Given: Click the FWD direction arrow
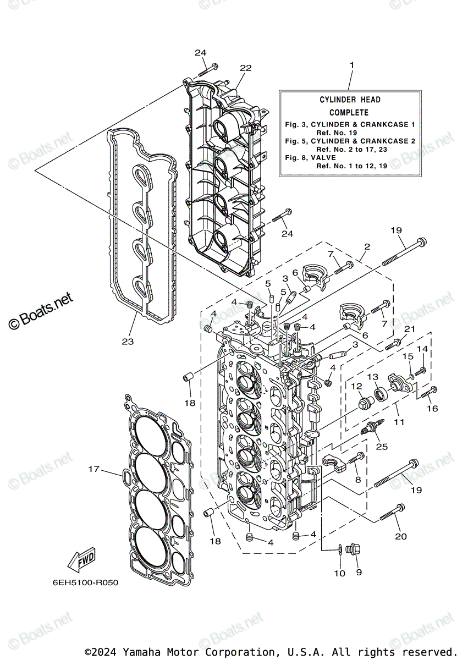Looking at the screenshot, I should coord(81,560).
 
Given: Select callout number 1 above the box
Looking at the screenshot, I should coord(351,65).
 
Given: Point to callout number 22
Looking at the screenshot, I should coord(245,68).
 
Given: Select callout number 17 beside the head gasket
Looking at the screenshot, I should coord(94,469).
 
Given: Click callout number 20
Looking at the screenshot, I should coord(401,536).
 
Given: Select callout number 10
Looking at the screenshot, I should coord(339,573).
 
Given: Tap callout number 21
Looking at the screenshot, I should coord(409,328).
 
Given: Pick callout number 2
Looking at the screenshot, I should coord(367,248).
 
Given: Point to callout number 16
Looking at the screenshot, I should coord(432,408).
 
